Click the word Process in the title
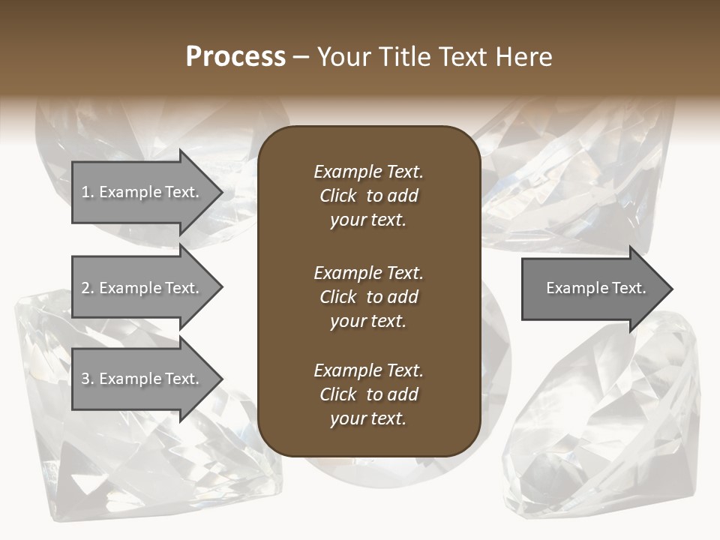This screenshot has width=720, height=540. [235, 57]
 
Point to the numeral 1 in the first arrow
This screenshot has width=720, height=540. [85, 192]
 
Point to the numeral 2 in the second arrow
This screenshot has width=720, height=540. [85, 288]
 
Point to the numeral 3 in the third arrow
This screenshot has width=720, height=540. [85, 379]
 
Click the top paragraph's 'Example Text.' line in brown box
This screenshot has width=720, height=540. [368, 172]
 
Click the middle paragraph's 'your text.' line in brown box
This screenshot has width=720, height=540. [368, 321]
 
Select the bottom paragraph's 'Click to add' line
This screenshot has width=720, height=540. [368, 394]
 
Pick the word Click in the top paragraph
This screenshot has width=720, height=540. [337, 196]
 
